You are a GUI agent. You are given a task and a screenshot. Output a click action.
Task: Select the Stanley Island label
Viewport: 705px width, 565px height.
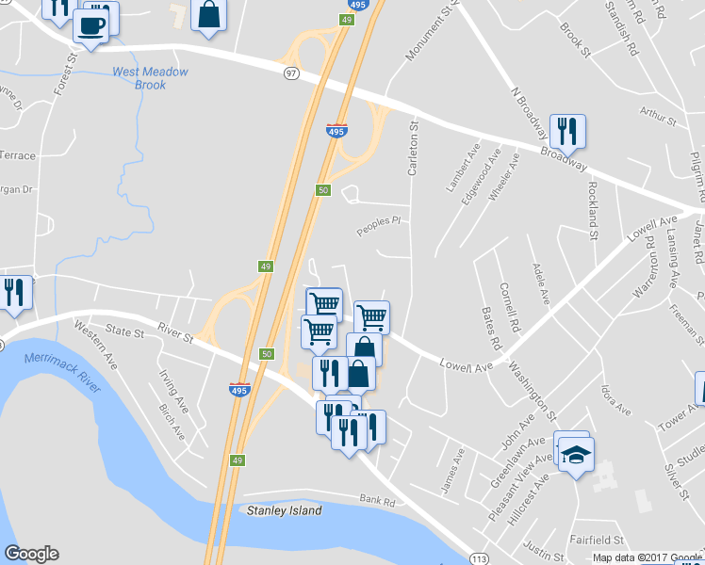pyautogui.click(x=284, y=510)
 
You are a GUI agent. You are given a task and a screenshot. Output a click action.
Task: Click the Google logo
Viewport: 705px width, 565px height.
pyautogui.click(x=31, y=554)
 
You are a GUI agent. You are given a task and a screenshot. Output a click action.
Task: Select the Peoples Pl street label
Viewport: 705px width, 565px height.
pyautogui.click(x=379, y=226)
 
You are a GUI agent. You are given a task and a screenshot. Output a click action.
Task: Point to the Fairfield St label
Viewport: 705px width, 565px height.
pyautogui.click(x=598, y=540)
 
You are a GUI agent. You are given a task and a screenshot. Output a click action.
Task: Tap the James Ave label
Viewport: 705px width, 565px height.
pyautogui.click(x=453, y=468)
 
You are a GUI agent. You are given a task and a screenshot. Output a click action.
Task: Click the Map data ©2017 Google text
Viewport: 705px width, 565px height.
pyautogui.click(x=647, y=557)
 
